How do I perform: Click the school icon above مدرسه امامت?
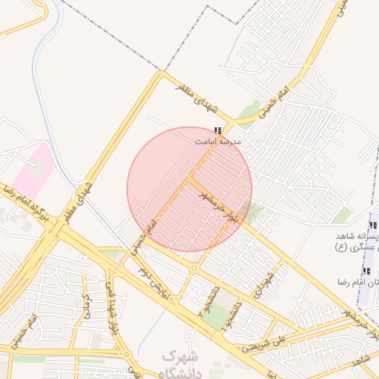tap(218, 130)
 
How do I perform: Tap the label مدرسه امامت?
tap(218, 141)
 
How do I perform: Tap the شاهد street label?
tap(362, 360)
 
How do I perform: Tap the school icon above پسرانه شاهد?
tap(373, 226)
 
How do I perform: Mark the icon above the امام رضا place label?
tap(366, 272)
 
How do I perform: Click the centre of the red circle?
tap(189, 189)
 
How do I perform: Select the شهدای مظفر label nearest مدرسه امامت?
tap(197, 97)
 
